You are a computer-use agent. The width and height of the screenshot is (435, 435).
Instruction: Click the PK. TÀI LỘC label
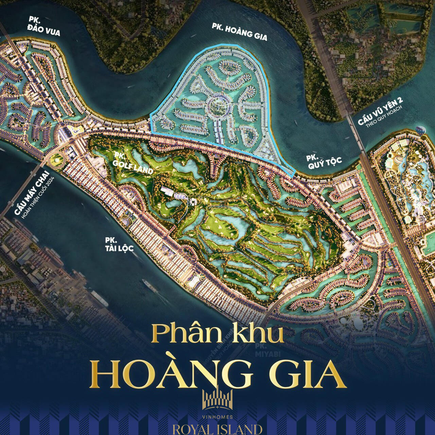point(119,244)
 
